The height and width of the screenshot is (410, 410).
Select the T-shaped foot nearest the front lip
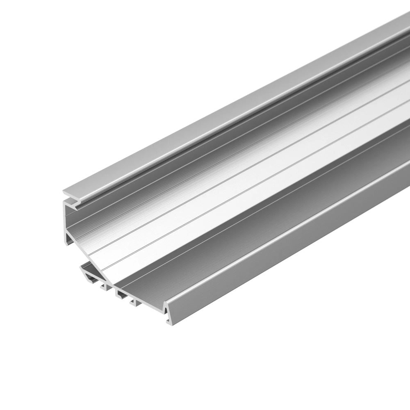click(133, 304)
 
